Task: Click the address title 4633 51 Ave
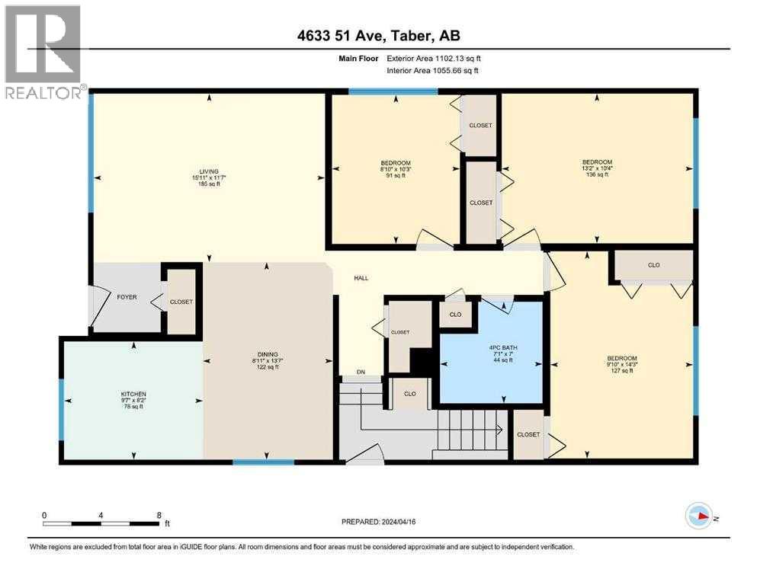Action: pos(378,36)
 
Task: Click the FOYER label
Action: pos(126,297)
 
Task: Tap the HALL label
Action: pos(361,278)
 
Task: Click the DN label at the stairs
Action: pos(361,372)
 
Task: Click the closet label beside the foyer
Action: pos(181,302)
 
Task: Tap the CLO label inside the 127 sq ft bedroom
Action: pos(653,265)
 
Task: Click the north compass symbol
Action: pos(698,516)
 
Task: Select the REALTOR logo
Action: pos(43,52)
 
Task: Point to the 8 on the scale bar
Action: pos(159,516)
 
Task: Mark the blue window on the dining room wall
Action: pos(263,462)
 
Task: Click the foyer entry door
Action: pos(97,304)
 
